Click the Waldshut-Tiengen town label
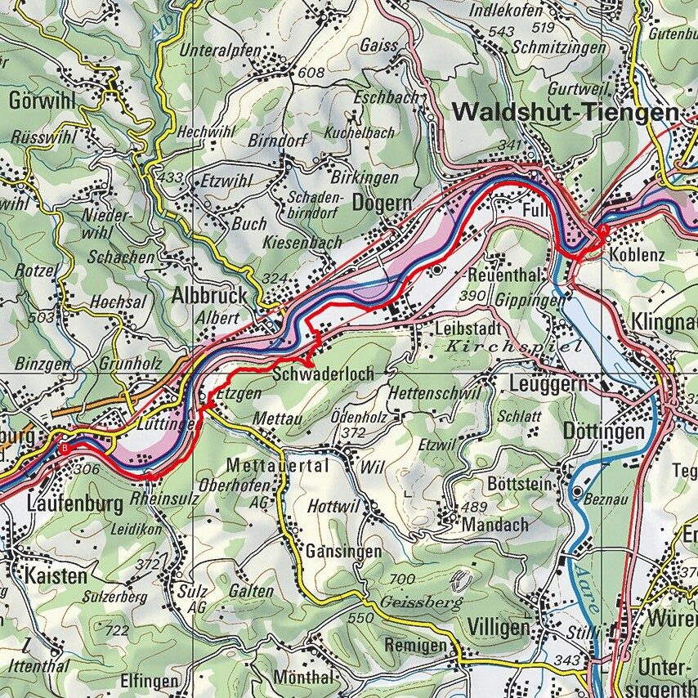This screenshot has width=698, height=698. click(x=566, y=112)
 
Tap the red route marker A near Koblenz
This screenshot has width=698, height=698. click(x=603, y=231)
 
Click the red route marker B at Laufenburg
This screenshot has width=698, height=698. click(x=65, y=447)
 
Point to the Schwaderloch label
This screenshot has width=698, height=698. click(x=324, y=374)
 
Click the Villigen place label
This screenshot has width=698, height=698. click(x=499, y=627)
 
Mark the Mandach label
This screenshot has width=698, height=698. click(x=494, y=525)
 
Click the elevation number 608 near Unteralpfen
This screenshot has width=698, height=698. click(x=311, y=74)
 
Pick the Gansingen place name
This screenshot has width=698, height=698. click(x=343, y=552)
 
